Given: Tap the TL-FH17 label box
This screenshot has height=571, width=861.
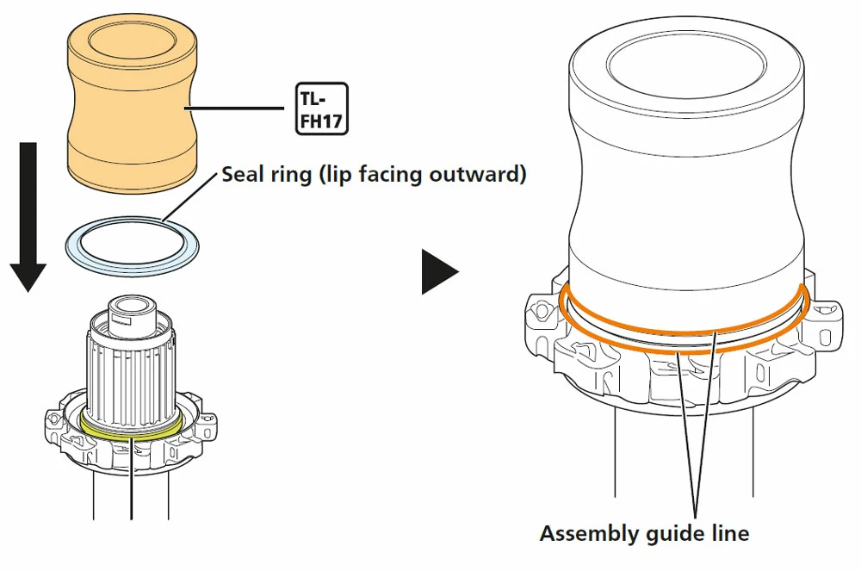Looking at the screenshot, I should (x=322, y=109).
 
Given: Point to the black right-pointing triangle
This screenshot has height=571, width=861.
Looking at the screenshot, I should (x=439, y=271).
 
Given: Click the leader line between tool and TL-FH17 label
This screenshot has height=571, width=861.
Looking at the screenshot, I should (x=237, y=109).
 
